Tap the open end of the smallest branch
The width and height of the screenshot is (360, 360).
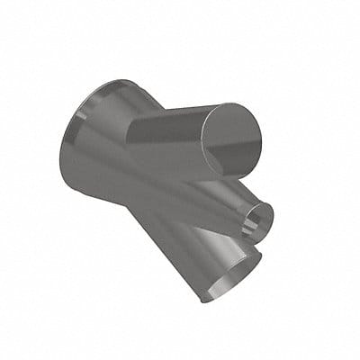point(259,217)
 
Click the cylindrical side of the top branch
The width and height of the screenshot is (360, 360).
point(171,135)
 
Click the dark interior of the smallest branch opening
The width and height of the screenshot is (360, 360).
point(259,218)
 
